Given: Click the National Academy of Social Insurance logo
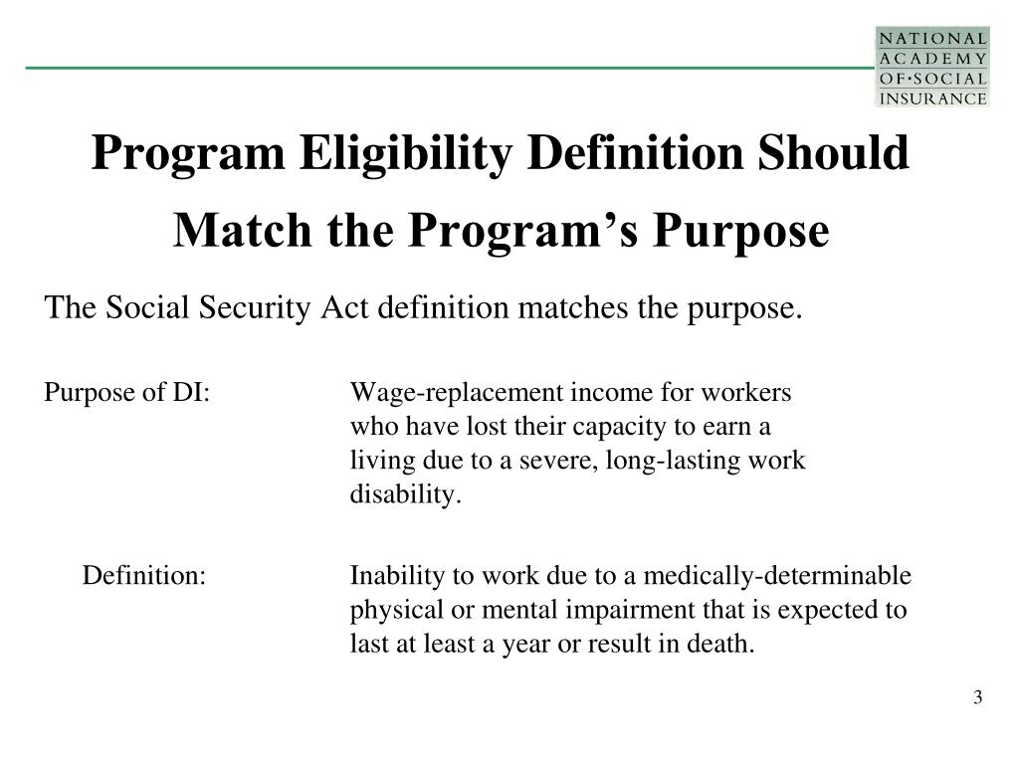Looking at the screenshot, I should [x=931, y=67].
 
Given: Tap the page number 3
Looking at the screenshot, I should [x=978, y=697].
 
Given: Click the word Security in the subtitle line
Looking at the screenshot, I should [x=267, y=308].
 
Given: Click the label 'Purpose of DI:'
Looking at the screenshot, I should [x=126, y=393].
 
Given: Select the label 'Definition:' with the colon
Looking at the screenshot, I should [x=144, y=577].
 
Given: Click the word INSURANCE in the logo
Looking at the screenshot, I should [x=932, y=97].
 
